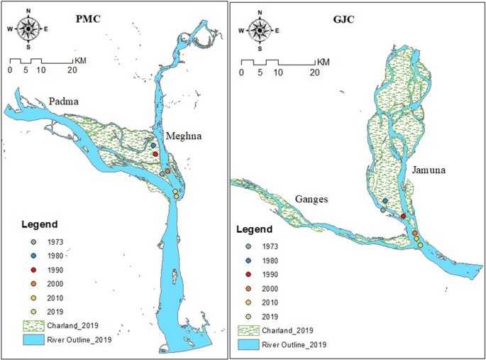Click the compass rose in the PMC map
click(28, 29)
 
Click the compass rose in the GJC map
click(260, 30)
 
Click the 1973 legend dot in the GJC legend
click(248, 247)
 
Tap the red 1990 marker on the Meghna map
click(155, 153)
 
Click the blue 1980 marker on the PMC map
click(153, 146)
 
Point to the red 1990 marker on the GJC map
click(403, 216)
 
